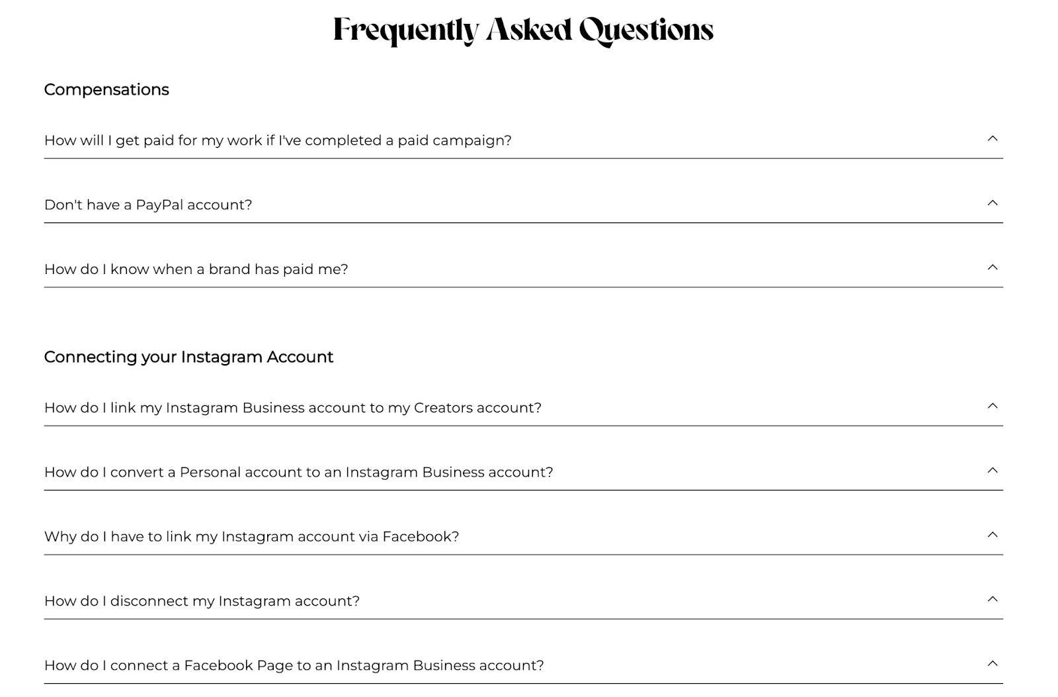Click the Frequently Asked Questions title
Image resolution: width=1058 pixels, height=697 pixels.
tap(523, 30)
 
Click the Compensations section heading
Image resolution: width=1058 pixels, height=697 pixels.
tap(106, 89)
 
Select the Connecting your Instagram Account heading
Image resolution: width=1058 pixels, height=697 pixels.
tap(188, 357)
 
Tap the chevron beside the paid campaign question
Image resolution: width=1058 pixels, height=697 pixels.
tap(992, 138)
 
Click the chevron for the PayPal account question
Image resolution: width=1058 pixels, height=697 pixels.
tap(992, 203)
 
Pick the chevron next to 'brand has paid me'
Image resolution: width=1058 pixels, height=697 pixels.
tap(992, 267)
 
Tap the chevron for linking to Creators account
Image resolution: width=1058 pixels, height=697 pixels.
tap(992, 406)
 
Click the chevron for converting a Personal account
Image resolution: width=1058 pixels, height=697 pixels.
tap(992, 470)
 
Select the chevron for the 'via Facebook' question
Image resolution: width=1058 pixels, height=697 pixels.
tap(992, 535)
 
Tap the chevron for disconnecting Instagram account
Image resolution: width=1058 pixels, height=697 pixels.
tap(992, 599)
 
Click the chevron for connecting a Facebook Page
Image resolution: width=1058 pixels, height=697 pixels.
tap(992, 663)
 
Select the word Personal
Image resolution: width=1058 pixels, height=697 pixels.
tap(210, 472)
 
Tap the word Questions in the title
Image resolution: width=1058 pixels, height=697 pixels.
tap(646, 30)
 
